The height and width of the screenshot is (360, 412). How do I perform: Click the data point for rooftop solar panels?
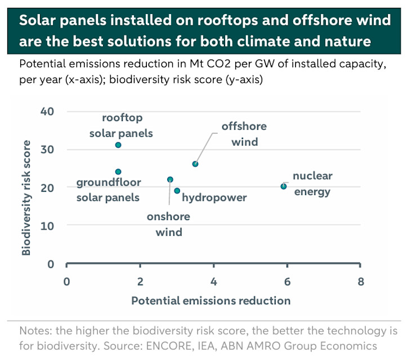[118, 145]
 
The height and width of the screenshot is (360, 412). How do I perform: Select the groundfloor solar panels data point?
[118, 172]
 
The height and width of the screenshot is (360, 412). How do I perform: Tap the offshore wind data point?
[195, 164]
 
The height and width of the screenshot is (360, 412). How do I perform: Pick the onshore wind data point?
[170, 179]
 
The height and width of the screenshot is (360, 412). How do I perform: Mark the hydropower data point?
[177, 191]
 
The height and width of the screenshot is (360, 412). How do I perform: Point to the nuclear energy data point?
[284, 186]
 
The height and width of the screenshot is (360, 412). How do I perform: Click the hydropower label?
[214, 198]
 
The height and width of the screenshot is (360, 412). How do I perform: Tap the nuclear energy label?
[312, 184]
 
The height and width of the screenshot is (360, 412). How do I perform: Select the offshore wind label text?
[244, 134]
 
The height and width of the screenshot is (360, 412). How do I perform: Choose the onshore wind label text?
[168, 224]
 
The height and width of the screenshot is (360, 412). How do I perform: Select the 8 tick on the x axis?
[360, 281]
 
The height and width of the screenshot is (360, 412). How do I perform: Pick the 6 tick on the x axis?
[287, 281]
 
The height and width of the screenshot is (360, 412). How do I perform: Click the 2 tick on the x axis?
[140, 281]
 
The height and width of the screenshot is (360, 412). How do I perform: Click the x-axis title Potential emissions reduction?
[211, 300]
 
